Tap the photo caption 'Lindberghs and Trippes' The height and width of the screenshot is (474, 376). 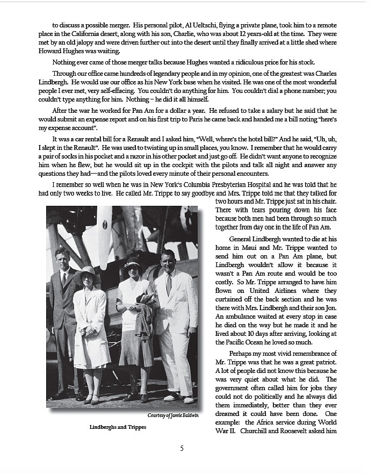(118, 428)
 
